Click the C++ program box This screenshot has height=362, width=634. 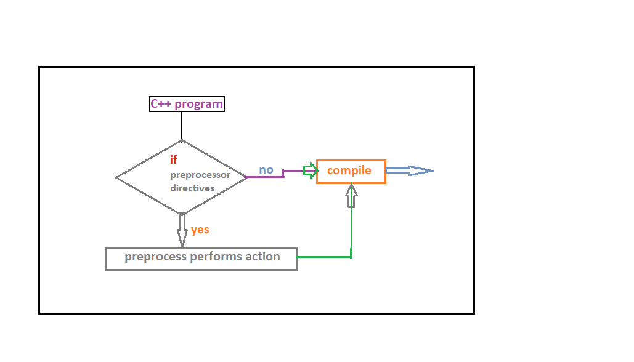click(187, 104)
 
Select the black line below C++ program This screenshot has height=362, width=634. click(182, 126)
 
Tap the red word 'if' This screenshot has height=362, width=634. click(174, 160)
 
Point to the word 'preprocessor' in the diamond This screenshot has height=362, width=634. click(200, 175)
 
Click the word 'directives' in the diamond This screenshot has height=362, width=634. click(192, 188)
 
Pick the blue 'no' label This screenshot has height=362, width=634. click(266, 170)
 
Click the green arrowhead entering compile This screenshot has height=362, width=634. click(311, 171)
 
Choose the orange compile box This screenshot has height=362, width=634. click(351, 171)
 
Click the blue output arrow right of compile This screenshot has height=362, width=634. click(410, 171)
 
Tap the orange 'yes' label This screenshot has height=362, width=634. click(200, 230)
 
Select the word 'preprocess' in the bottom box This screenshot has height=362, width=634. click(154, 257)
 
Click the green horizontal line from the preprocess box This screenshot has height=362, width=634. click(323, 257)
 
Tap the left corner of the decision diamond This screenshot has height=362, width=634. click(118, 177)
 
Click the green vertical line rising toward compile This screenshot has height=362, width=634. click(351, 231)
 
